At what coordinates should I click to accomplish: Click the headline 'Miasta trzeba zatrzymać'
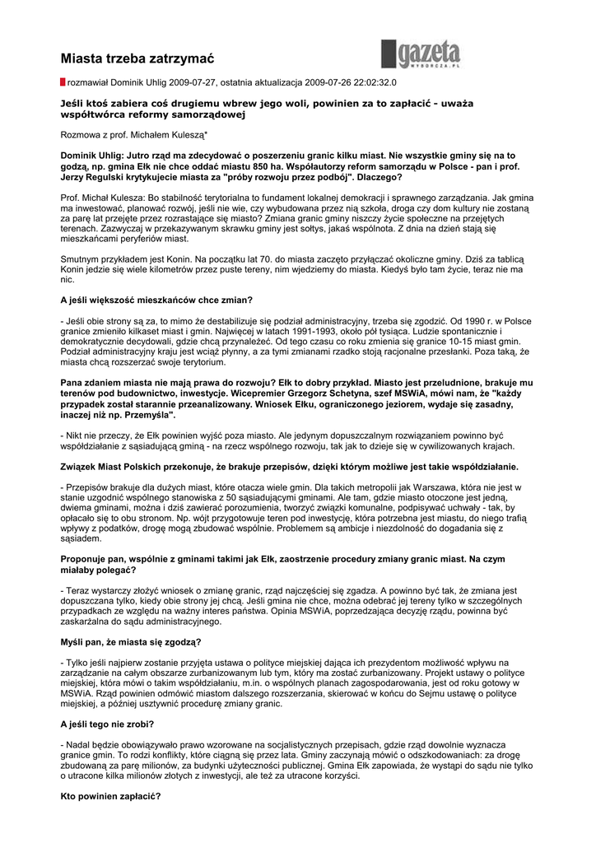[137, 58]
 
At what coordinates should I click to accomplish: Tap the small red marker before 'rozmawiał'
[63, 83]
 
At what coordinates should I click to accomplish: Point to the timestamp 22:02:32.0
[372, 83]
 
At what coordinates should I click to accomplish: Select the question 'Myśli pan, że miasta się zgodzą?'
[131, 641]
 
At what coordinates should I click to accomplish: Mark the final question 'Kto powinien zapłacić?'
[110, 796]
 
